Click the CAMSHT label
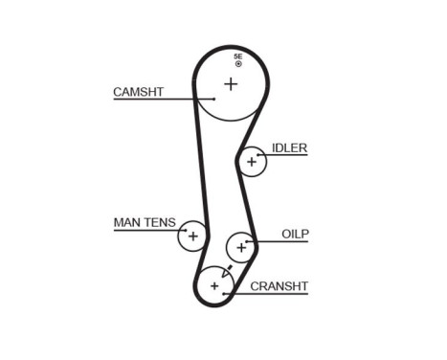coord(140,92)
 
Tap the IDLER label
coord(289,147)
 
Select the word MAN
coord(127,223)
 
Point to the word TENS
coord(160,223)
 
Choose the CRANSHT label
coord(279,285)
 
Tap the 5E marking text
coord(237,56)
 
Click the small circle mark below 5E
coord(238,64)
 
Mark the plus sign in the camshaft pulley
coord(231,84)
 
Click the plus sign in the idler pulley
coord(252,162)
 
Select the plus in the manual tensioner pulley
coord(192,236)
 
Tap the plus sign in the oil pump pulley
coord(241,248)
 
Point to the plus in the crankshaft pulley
coord(214,285)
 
